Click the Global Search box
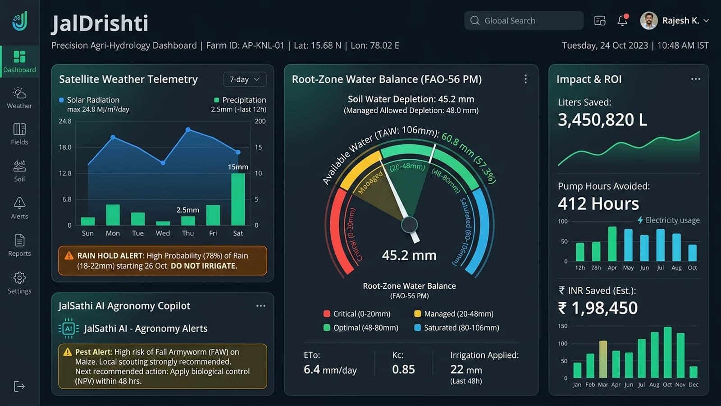[524, 21]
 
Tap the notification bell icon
[622, 21]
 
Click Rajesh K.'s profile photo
[648, 21]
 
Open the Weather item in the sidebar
[19, 98]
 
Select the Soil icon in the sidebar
[19, 166]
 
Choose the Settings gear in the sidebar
[19, 277]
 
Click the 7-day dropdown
[245, 79]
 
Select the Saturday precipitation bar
[238, 199]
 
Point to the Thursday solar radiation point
[188, 129]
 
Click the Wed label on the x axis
[163, 233]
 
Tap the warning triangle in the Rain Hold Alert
[68, 255]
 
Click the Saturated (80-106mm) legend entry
[457, 328]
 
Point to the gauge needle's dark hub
[409, 225]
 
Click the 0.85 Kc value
[403, 369]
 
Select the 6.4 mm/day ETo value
[330, 369]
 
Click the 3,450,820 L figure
[602, 120]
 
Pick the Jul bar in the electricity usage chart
[661, 245]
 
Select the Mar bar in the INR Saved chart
[603, 359]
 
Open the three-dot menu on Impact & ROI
[696, 79]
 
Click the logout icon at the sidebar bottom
[19, 386]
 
